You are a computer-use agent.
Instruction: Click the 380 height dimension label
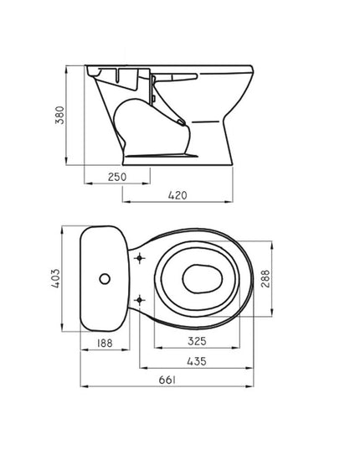click(60, 115)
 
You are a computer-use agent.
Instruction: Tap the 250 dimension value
click(117, 177)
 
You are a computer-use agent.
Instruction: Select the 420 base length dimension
click(177, 195)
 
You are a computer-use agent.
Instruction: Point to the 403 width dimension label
click(55, 278)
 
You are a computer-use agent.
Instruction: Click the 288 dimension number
click(265, 278)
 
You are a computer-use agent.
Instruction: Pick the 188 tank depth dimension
click(105, 343)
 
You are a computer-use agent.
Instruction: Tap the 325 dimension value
click(197, 341)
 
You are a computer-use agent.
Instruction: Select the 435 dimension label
click(197, 361)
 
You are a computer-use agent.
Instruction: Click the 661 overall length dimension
click(167, 380)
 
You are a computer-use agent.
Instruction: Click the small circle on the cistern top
click(105, 279)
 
